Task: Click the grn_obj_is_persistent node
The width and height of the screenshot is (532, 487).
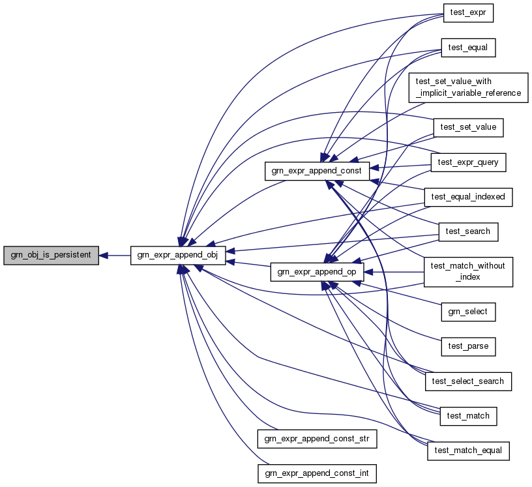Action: pos(51,256)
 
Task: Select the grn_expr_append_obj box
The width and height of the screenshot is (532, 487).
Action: pos(178,256)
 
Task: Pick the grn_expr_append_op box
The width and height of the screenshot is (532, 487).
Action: pos(317,273)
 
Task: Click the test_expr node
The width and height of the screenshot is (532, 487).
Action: pos(468,13)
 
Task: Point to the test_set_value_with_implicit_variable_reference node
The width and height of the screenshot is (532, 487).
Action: pos(468,87)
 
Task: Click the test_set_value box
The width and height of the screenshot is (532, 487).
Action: pos(468,127)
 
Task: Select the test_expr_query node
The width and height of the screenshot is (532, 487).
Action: pos(468,162)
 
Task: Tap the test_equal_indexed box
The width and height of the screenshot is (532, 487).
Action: pos(468,196)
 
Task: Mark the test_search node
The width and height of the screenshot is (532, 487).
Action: pos(468,231)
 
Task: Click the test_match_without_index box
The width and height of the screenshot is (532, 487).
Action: pos(468,271)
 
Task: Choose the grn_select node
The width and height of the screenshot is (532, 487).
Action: pos(468,312)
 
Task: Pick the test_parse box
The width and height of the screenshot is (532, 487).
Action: pos(468,346)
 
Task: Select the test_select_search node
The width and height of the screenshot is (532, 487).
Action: pos(468,381)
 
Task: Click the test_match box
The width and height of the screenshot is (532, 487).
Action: pos(468,415)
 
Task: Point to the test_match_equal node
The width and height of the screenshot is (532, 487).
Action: pos(468,450)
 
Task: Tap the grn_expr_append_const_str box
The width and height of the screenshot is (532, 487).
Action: pos(317,439)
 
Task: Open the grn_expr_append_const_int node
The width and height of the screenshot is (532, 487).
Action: pos(317,473)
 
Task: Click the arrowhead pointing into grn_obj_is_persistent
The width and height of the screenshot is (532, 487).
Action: pos(104,256)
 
